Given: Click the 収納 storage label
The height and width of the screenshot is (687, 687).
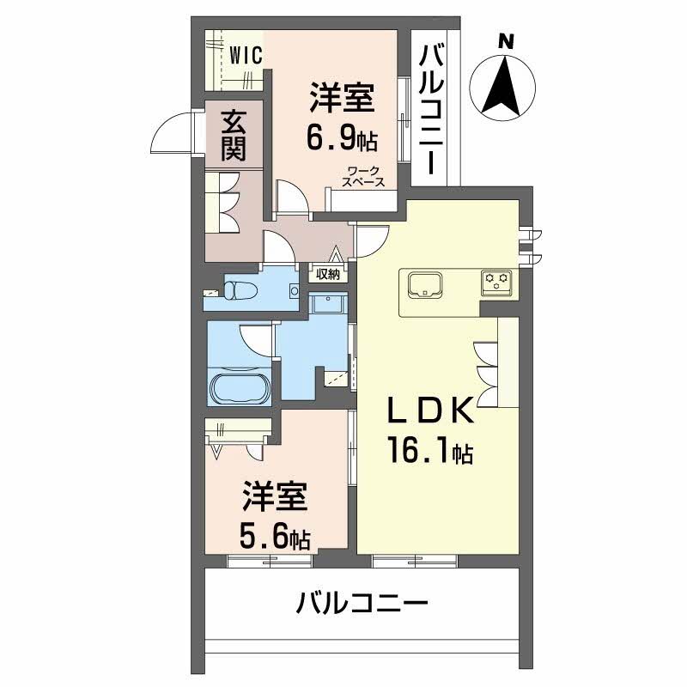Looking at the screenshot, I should coord(327,275).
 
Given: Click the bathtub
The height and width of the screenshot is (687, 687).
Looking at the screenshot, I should coord(240,390).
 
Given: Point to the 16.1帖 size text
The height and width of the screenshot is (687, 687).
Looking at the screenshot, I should coord(429,452).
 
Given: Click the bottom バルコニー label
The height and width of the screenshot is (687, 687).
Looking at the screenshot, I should coord(362,604).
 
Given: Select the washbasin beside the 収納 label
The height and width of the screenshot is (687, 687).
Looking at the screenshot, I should coord(325,304).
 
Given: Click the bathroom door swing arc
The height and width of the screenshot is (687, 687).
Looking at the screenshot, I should coord(256,340).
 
